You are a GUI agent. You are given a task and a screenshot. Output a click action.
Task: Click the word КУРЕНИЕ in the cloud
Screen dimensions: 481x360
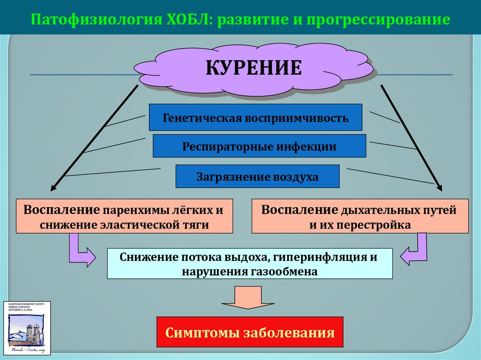pyautogui.click(x=254, y=68)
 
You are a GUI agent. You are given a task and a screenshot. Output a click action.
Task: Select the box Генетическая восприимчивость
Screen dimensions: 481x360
pyautogui.click(x=256, y=117)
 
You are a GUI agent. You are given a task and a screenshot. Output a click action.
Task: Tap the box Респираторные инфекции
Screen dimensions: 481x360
pyautogui.click(x=259, y=146)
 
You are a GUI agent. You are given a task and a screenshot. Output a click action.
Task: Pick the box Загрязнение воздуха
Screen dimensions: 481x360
pyautogui.click(x=257, y=176)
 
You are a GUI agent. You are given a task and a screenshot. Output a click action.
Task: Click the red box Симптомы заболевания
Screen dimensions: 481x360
pyautogui.click(x=250, y=332)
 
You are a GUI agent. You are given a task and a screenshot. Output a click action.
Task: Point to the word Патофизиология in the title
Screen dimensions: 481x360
pyautogui.click(x=94, y=20)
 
